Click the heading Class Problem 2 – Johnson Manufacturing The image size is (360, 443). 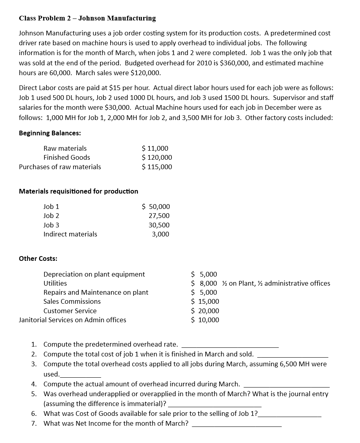coord(87,18)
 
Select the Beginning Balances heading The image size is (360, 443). coord(50,133)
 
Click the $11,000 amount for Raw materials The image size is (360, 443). coord(155,148)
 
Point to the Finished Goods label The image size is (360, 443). coord(66,157)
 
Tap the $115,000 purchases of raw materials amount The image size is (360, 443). coord(157,167)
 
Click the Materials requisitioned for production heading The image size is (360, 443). coord(78,191)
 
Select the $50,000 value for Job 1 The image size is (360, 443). coord(156,207)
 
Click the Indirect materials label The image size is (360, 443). coord(70,234)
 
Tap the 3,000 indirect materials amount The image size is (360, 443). coord(161,234)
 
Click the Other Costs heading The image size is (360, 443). coord(38,258)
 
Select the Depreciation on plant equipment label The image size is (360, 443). coord(94,274)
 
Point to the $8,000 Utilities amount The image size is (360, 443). coord(204,283)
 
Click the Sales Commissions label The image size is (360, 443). coord(72,301)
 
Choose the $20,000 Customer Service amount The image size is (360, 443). coord(205,311)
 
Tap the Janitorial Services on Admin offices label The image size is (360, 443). coord(72,320)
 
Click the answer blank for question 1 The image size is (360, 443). coord(230,346)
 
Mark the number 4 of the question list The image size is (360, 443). coord(34,384)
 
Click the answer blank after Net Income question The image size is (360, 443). coord(236,425)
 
